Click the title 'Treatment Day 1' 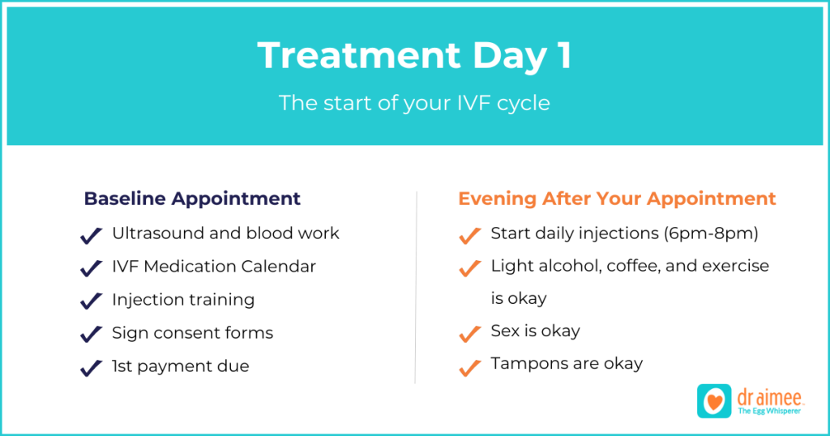coord(414,56)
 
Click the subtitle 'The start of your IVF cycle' coord(414,103)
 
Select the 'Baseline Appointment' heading coord(192,199)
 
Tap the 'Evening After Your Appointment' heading coord(617,199)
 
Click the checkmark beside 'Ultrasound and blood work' coord(91,236)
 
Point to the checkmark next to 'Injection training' coord(91,301)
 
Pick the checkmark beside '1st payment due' coord(91,368)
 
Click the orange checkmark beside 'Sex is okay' coord(470,334)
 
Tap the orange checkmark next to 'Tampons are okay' coord(470,367)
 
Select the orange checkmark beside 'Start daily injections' coord(470,236)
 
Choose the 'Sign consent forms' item coord(193,333)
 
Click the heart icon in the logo coord(714,402)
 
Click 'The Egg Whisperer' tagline coord(769,411)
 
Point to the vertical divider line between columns coord(416,288)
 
